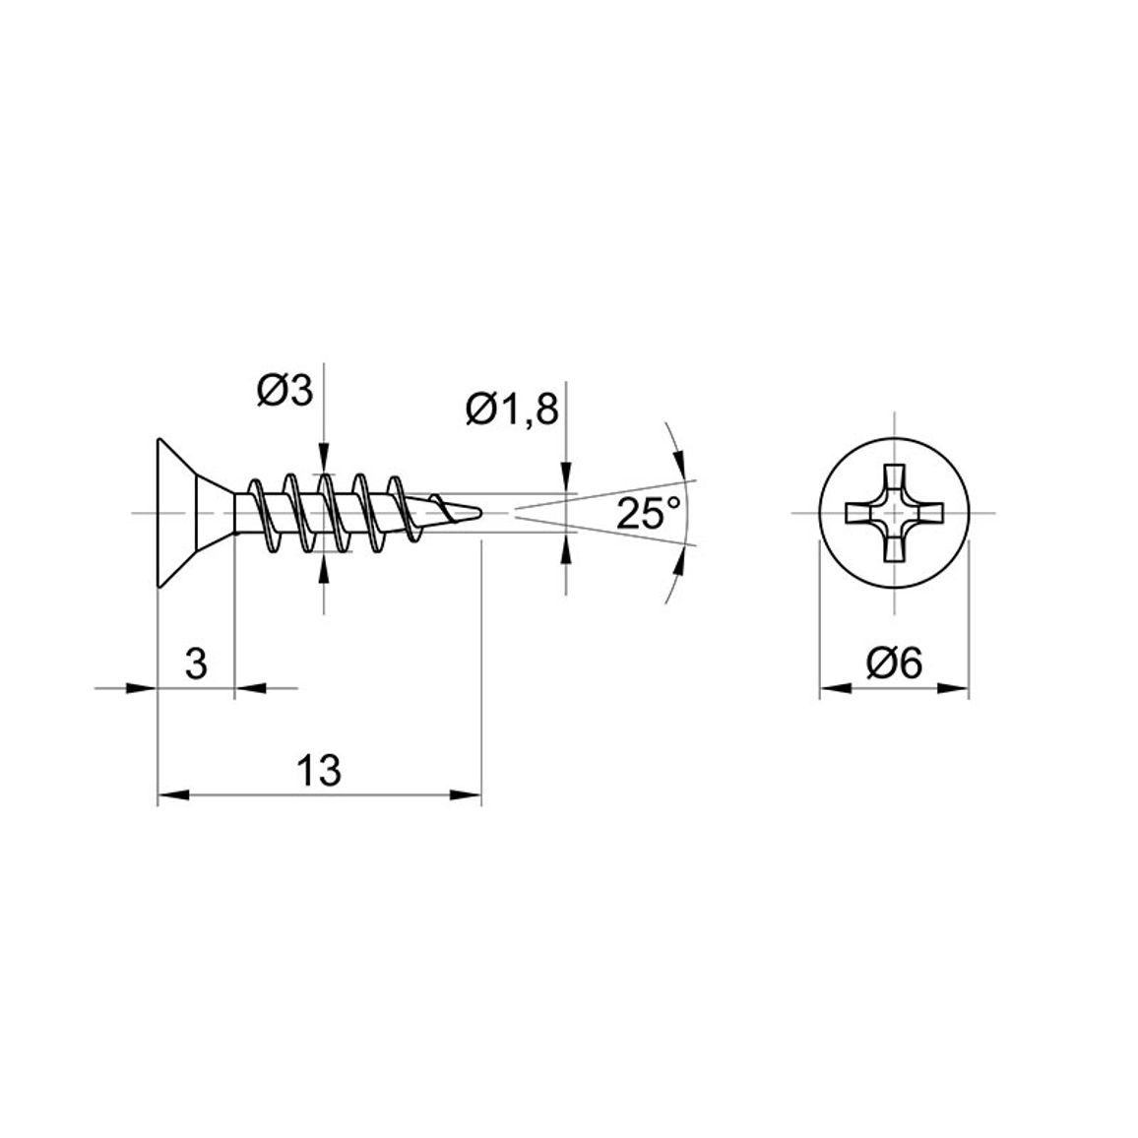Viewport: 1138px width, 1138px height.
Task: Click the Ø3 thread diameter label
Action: (x=284, y=392)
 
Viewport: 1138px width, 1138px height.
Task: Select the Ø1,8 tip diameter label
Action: (x=512, y=411)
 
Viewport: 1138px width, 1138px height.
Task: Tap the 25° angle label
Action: (x=649, y=513)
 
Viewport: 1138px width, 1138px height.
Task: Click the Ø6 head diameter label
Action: (x=894, y=664)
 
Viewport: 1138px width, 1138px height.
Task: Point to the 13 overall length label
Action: (x=319, y=770)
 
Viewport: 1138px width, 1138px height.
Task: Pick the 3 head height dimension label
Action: (x=196, y=664)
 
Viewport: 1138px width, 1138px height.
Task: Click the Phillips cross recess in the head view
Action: (x=894, y=513)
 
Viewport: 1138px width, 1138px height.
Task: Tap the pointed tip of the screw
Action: (x=483, y=512)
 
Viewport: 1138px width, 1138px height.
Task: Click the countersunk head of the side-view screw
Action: (x=196, y=513)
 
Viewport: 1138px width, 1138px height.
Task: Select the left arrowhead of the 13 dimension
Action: (x=172, y=795)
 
